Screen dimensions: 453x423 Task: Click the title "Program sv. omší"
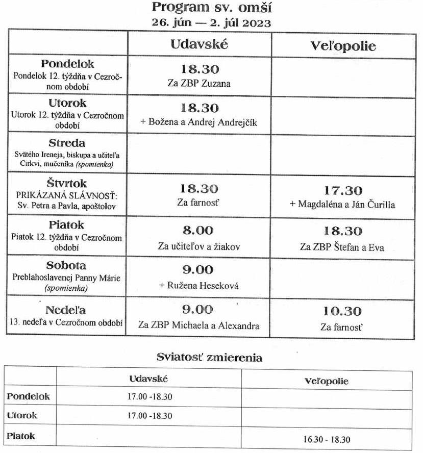point(212,8)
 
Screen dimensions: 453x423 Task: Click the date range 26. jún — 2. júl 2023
point(211,23)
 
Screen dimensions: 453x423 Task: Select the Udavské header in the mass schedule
point(199,44)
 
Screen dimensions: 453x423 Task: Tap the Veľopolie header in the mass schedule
point(343,46)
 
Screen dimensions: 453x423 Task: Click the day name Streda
point(67,143)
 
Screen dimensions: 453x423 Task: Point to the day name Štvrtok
point(67,183)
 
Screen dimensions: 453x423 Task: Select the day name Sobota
point(66,265)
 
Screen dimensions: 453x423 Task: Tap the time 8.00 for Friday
point(199,231)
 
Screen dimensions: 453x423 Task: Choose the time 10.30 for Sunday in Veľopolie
point(342,311)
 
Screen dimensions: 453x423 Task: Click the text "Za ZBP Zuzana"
point(199,84)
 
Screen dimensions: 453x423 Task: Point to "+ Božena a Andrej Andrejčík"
point(199,122)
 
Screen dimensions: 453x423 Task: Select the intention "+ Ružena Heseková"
point(199,285)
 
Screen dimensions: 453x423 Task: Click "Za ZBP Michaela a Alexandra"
point(199,325)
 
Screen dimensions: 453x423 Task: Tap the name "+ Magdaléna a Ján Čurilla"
point(342,205)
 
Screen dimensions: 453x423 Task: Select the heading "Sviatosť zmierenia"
point(209,358)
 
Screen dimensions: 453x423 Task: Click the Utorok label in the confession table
point(22,415)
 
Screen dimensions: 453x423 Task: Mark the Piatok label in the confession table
point(21,436)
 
